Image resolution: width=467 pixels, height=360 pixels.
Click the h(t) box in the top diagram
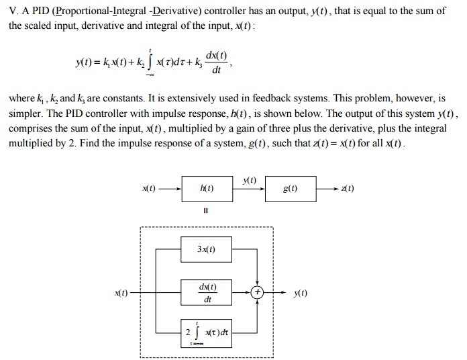click(x=206, y=189)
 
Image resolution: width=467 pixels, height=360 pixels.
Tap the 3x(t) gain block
click(x=206, y=250)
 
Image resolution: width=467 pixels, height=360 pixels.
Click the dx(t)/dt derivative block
click(x=206, y=293)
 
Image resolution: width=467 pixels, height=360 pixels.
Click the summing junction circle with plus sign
click(x=257, y=293)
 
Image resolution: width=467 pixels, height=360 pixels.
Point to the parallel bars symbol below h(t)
click(x=206, y=212)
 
